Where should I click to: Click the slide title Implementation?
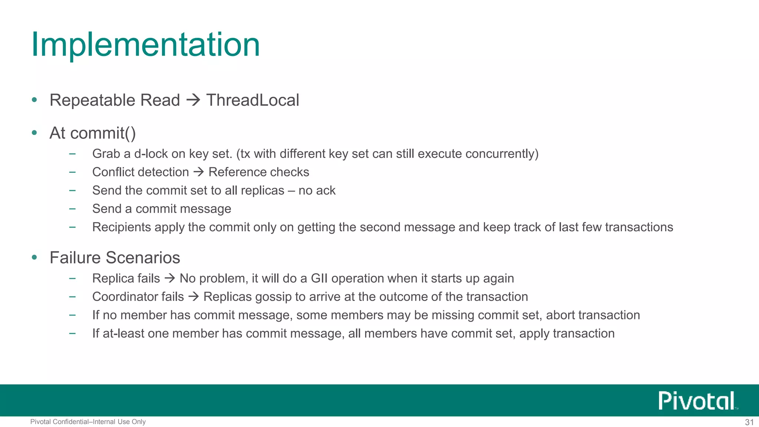146,45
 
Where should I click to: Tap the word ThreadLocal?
252,100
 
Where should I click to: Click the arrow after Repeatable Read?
193,100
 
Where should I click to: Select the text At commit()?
93,133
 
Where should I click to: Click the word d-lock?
151,154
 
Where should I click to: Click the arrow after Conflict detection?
199,172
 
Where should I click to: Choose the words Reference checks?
259,172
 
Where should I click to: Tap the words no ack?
317,191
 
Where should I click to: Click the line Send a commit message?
162,209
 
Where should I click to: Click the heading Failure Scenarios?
115,258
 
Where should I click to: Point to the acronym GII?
319,278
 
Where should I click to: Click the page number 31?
749,422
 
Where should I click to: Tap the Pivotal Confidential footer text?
88,422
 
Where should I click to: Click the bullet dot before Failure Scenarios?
34,257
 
